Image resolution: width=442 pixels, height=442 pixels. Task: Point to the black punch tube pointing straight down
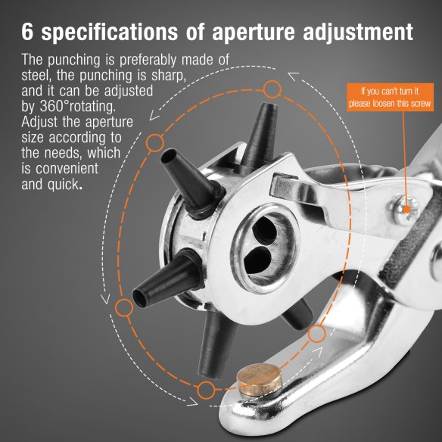tap(211, 352)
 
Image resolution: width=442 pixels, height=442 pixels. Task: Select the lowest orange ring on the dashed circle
tap(206, 391)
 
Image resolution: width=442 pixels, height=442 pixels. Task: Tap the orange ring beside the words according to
tap(154, 141)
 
